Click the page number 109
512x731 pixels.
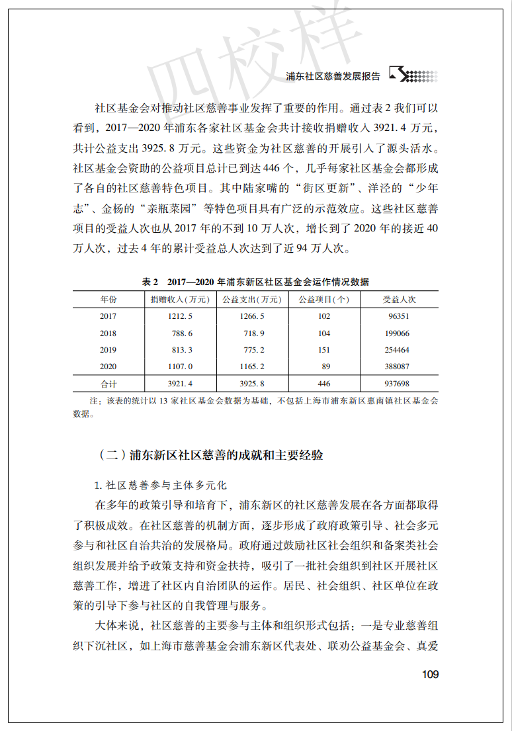pos(429,674)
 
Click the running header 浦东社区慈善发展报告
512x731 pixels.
pos(333,76)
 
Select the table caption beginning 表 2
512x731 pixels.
pos(255,282)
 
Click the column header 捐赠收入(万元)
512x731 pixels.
pos(180,300)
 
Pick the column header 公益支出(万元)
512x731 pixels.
pos(253,300)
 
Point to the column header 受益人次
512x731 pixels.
pos(399,300)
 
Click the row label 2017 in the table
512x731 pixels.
pos(108,316)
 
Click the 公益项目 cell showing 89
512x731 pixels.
pos(324,366)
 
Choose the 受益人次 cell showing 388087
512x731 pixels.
pos(396,366)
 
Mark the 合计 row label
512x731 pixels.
pos(108,384)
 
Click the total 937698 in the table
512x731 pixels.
pos(396,384)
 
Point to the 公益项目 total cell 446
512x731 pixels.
pos(324,384)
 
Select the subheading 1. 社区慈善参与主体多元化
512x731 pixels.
pos(161,485)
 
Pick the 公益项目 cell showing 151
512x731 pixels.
pos(324,350)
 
